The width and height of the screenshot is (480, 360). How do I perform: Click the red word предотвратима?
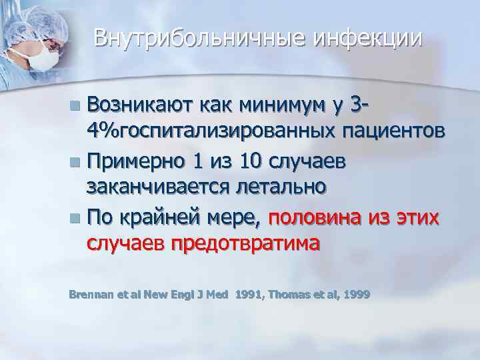click(x=246, y=242)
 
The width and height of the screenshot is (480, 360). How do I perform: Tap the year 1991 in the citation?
click(x=247, y=294)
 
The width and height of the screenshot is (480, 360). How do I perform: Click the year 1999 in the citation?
click(x=356, y=294)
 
